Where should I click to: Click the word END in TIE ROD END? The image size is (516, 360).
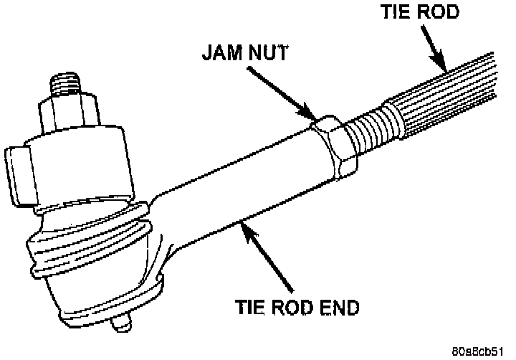point(336,308)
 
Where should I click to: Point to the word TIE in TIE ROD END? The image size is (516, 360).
point(250,308)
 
